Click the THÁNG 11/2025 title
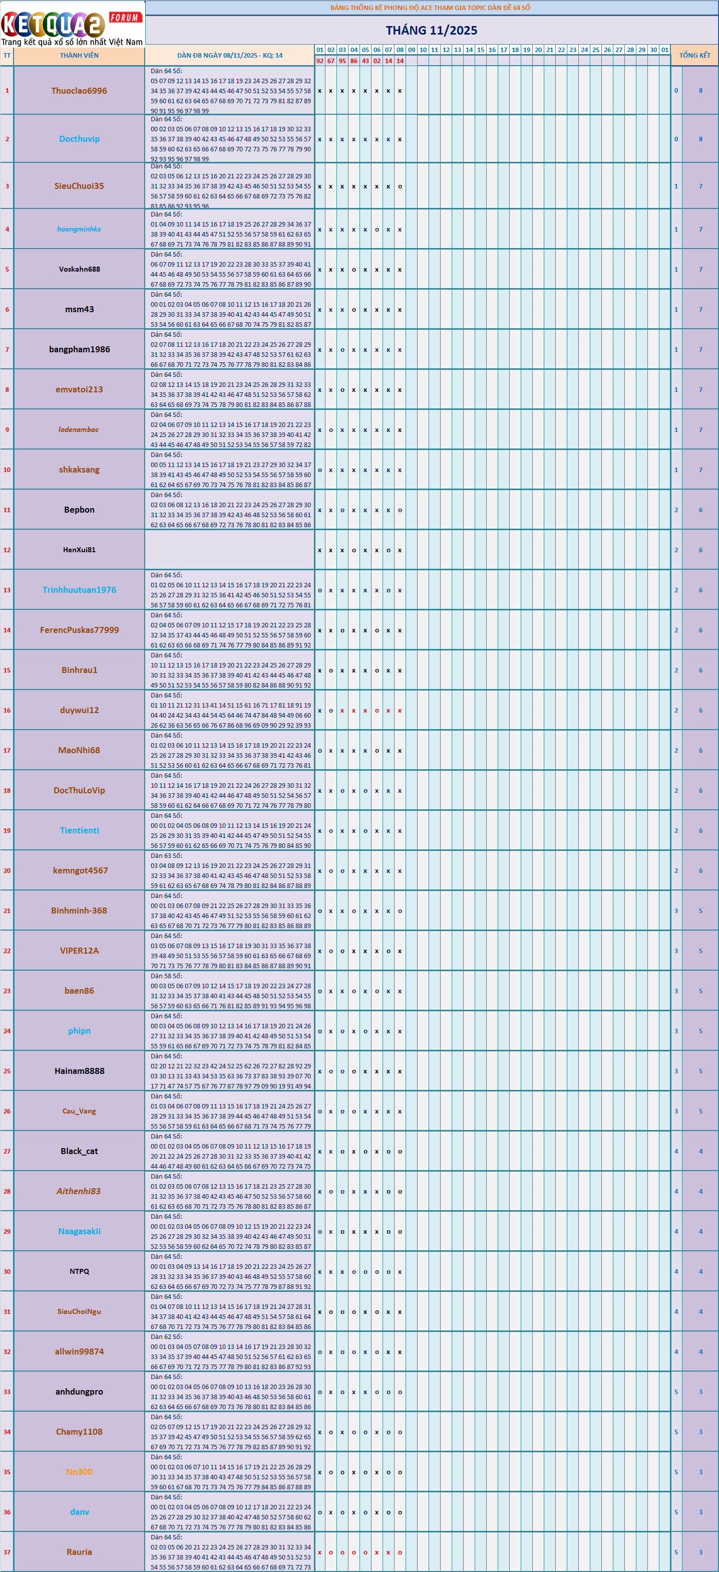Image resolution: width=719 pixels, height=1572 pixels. coord(431,30)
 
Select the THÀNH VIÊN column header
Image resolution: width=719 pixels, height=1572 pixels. coord(79,56)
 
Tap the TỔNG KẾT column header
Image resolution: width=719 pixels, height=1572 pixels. coord(694,56)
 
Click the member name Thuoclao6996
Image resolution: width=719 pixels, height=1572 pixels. coord(79,91)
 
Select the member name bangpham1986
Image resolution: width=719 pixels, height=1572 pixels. coord(79,350)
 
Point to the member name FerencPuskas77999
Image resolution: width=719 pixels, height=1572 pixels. coord(79,630)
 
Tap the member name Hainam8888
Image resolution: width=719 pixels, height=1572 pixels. coord(79,1071)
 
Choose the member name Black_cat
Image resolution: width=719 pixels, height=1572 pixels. coord(79,1152)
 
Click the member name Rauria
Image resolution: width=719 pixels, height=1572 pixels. coord(79,1552)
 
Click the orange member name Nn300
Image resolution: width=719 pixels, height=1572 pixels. coord(79,1472)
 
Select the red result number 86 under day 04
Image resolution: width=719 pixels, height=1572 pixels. coord(353,61)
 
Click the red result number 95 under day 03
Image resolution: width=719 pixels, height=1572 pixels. coord(342,61)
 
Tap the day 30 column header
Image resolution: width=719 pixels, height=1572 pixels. coord(653,50)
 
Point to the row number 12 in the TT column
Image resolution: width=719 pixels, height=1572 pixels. coord(7,550)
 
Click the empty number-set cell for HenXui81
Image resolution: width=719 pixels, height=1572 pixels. coord(229,550)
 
